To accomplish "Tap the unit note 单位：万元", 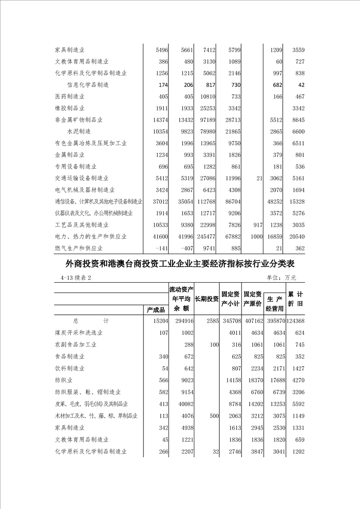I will tap(281, 278).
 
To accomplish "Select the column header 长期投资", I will tap(207, 299).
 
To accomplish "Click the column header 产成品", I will tap(156, 310).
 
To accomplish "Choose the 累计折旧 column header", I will tap(295, 299).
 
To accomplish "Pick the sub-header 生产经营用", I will tap(275, 304).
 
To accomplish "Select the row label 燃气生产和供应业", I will tap(79, 248).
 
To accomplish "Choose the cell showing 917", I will tap(257, 225).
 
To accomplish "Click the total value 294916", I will tap(181, 321).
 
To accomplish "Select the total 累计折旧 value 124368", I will tap(295, 321).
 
